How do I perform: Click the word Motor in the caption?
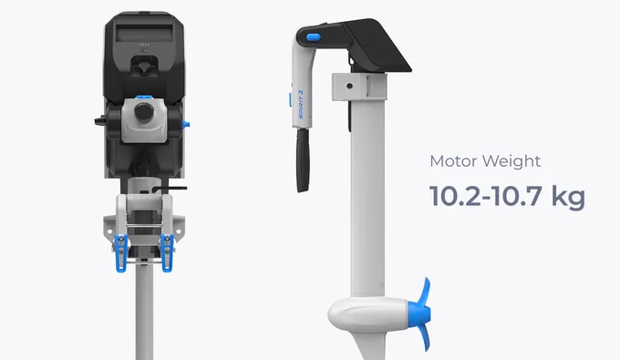pos(454,161)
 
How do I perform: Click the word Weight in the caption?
pos(511,161)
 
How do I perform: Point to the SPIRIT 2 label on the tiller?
pos(301,105)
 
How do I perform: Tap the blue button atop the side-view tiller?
pos(313,37)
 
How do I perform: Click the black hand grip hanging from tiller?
pos(303,160)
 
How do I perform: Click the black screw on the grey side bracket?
pos(349,86)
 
